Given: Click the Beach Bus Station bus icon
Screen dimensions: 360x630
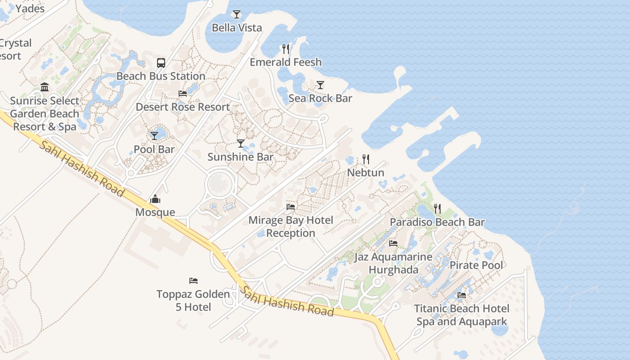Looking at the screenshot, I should tap(161, 63).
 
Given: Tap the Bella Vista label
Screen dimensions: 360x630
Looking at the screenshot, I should tap(237, 28).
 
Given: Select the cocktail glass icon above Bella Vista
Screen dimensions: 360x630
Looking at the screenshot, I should tap(237, 14).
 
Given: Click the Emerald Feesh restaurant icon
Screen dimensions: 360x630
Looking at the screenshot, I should tap(286, 49).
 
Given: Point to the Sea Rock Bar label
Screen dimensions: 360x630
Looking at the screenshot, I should tap(320, 98).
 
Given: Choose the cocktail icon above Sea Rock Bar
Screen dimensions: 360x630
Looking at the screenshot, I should tap(320, 85).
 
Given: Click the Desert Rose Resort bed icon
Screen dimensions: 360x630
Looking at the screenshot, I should tap(183, 94).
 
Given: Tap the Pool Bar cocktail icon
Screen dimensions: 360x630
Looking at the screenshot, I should tap(154, 135).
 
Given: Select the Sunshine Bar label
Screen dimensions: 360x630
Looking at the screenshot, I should tap(240, 157).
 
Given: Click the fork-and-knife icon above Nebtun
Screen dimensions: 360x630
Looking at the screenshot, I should tap(366, 159).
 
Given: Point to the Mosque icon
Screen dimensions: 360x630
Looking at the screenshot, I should tap(155, 199).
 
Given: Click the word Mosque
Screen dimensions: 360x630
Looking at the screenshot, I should tap(155, 212).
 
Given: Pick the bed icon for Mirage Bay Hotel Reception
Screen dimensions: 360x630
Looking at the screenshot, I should tap(291, 207).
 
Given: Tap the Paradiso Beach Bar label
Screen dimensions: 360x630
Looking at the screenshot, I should tap(437, 222).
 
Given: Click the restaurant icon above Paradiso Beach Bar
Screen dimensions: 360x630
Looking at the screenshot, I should tap(437, 209).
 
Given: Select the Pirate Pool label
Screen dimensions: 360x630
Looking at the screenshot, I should tap(476, 265).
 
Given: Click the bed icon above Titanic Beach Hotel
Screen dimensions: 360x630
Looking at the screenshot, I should tap(462, 295).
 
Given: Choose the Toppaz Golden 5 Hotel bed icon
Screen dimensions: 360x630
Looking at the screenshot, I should tap(193, 281).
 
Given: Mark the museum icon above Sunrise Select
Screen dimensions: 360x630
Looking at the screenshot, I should tap(45, 87).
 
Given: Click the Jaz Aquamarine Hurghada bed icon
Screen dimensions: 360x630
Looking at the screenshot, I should tap(393, 243).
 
